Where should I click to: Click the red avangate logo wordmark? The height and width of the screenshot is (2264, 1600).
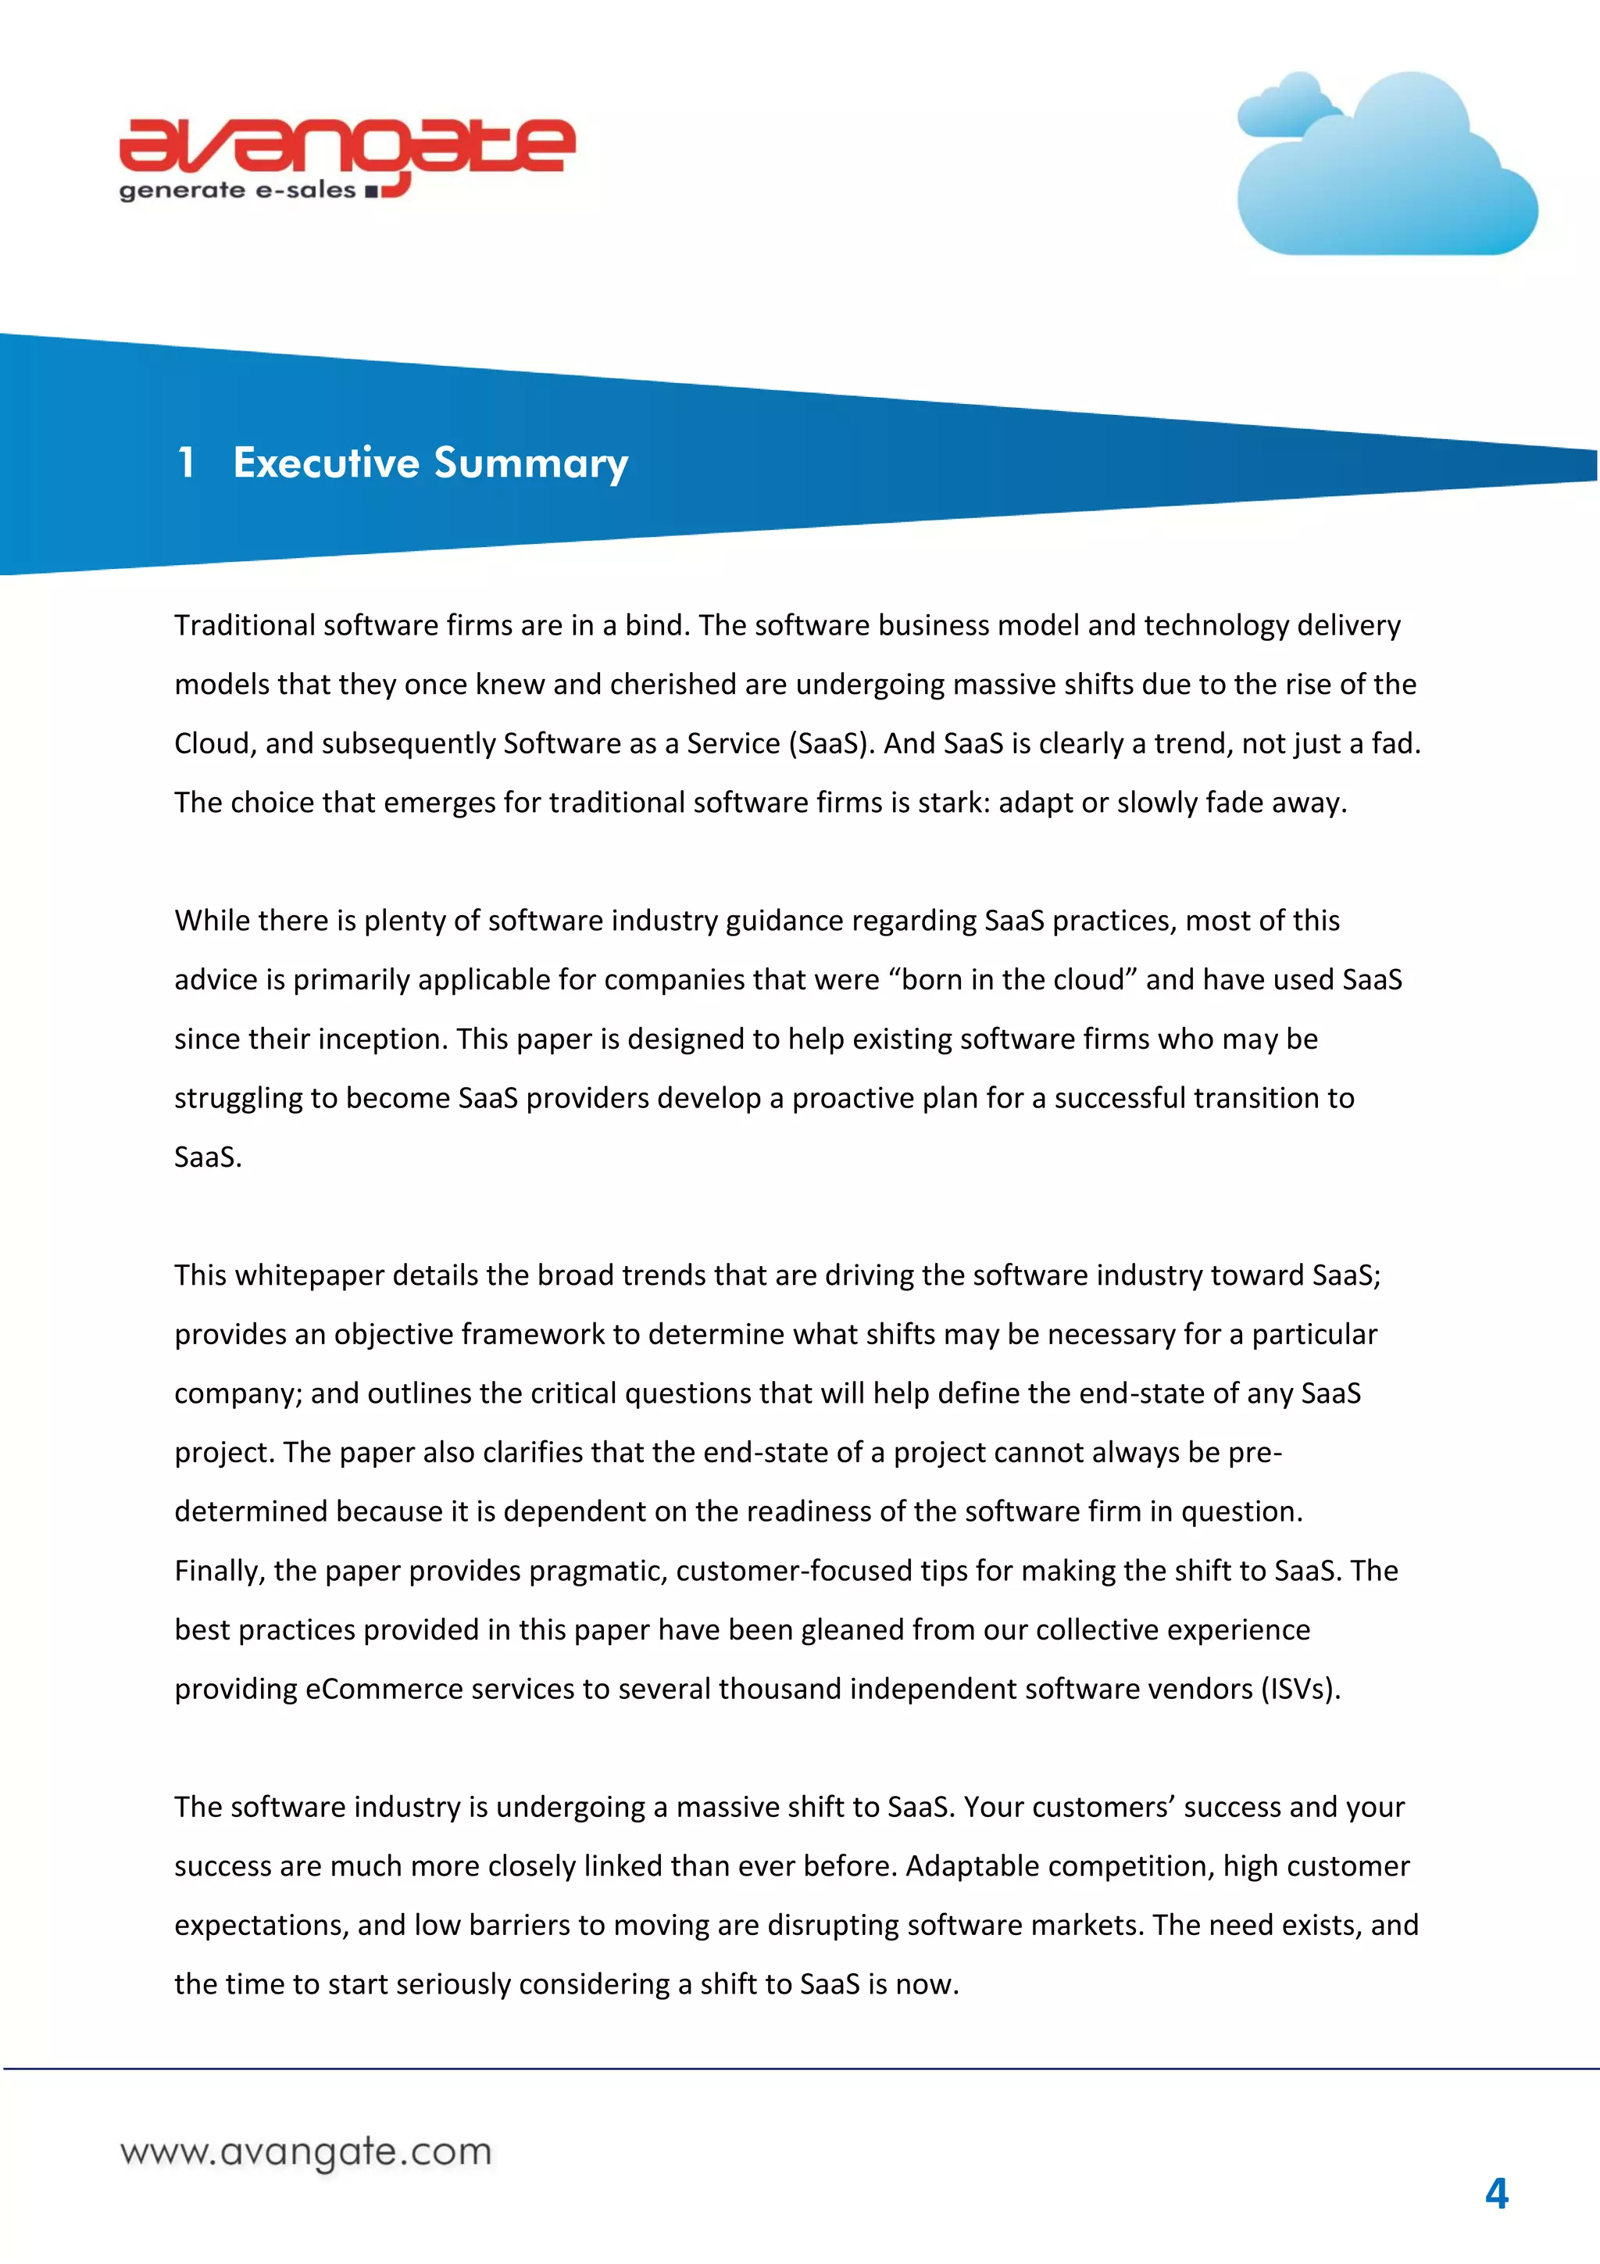tap(347, 148)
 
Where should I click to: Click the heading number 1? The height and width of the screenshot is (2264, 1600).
tap(185, 463)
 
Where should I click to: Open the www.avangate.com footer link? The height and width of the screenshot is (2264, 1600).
tap(305, 2151)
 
